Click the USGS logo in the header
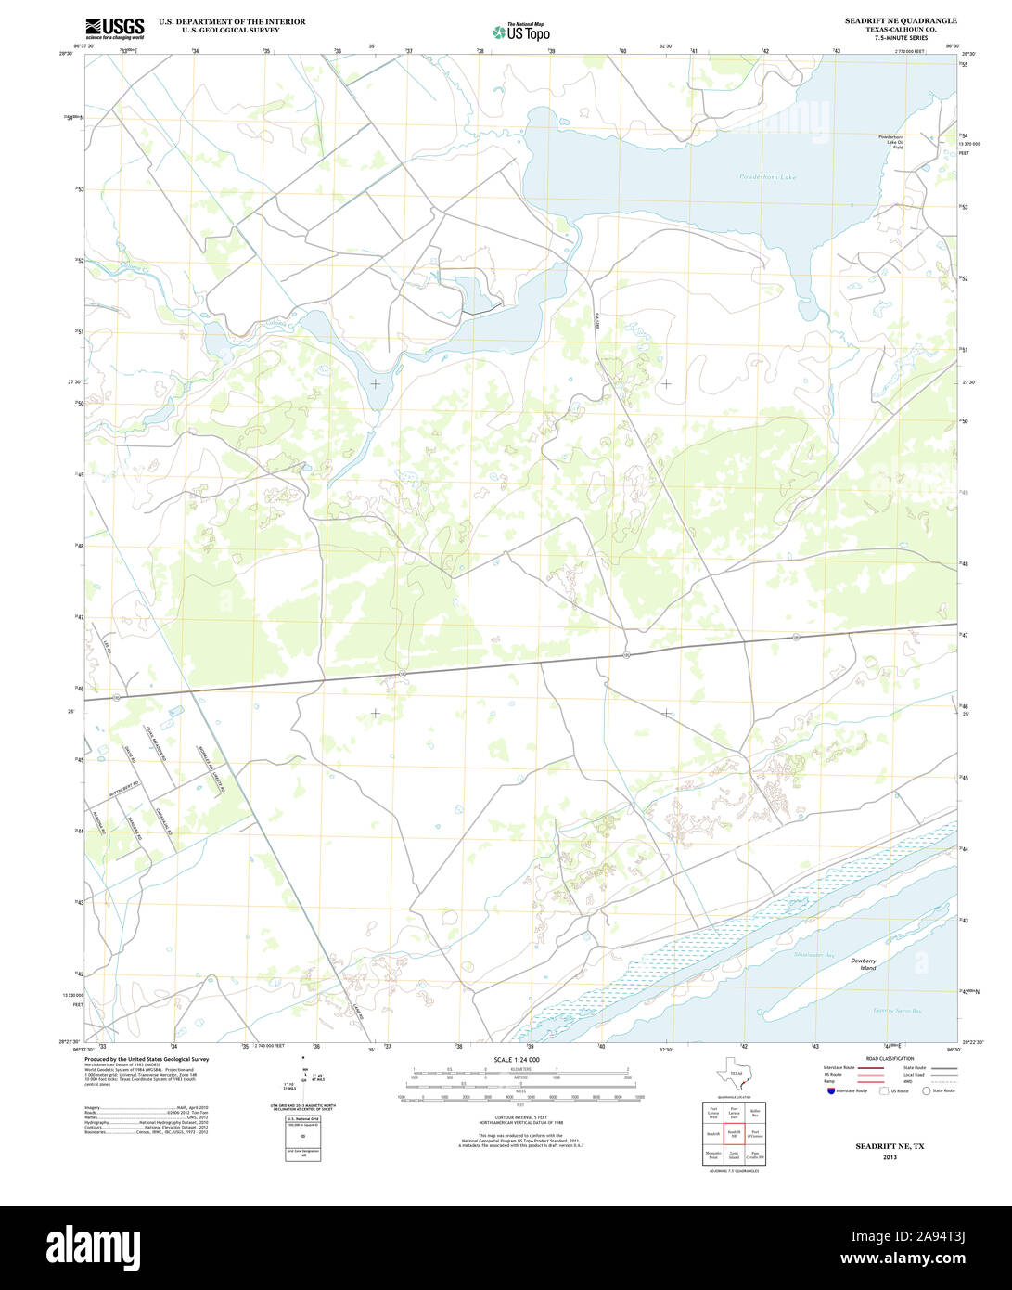click(114, 28)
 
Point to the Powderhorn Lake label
click(768, 176)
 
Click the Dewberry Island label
click(863, 964)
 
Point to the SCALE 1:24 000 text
click(517, 1060)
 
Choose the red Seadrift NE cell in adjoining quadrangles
click(734, 1133)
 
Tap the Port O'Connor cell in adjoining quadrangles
click(756, 1133)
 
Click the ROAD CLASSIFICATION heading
click(890, 1059)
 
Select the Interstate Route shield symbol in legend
click(830, 1091)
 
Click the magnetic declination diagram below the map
click(302, 1082)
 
